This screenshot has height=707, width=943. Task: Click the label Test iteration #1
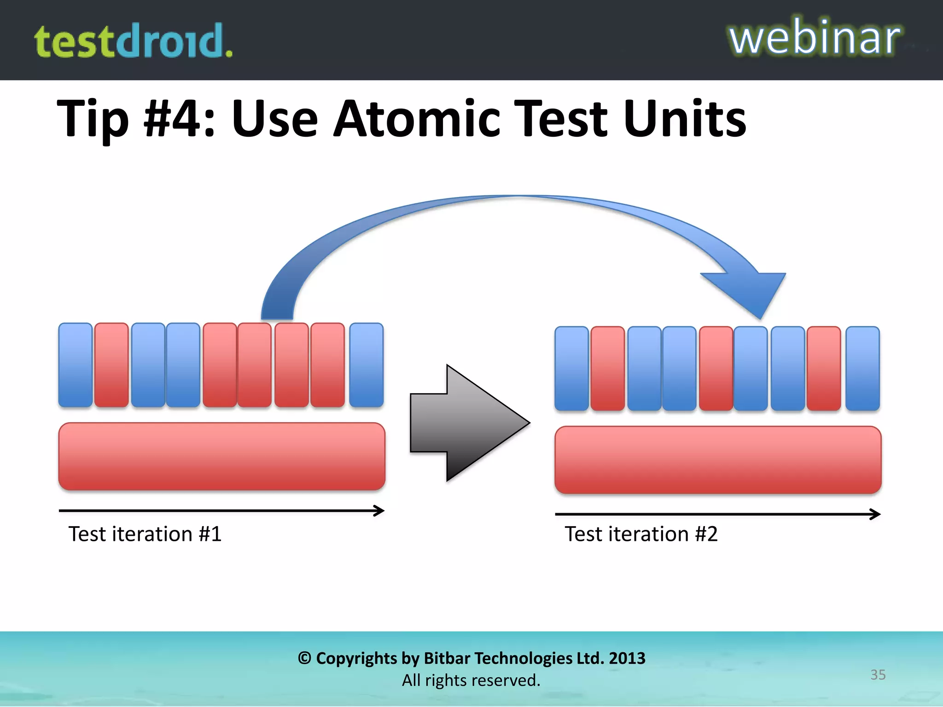(x=145, y=534)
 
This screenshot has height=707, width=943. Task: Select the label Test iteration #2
(x=641, y=534)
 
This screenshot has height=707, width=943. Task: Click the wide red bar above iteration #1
(x=221, y=456)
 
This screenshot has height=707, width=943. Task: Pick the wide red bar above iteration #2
(x=717, y=460)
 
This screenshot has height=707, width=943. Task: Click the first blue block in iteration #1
(x=76, y=365)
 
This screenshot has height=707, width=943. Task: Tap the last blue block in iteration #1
(x=366, y=365)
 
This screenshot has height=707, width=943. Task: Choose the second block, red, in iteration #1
(x=111, y=365)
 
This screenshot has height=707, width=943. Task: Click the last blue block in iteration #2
(x=862, y=369)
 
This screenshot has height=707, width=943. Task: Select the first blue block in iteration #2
(x=571, y=369)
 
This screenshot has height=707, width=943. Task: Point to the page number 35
(x=878, y=675)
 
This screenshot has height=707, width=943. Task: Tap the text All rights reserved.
(x=471, y=680)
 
